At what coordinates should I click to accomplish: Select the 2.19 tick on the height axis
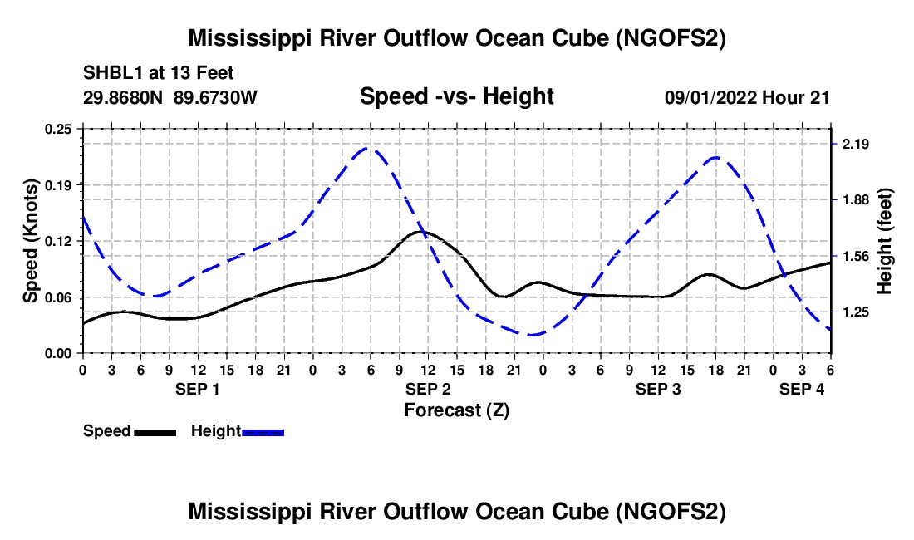pos(855,145)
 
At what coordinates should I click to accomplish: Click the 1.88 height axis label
pos(855,200)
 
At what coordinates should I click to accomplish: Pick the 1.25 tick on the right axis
pos(855,312)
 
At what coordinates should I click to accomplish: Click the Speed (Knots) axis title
pos(30,241)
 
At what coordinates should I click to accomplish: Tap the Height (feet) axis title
pos(884,241)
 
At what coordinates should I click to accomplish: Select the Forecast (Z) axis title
pos(456,410)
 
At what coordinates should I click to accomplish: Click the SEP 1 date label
pos(198,389)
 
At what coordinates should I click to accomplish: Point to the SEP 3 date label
pos(658,389)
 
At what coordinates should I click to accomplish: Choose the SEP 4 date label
pos(802,389)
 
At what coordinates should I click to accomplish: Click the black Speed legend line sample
pos(155,432)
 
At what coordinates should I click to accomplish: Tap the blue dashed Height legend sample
pos(263,432)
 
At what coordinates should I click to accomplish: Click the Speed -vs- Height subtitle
pos(456,96)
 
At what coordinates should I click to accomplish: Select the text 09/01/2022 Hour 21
pos(747,97)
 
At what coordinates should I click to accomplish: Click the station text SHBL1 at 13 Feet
pos(158,73)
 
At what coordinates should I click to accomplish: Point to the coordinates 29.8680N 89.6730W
pos(170,97)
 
